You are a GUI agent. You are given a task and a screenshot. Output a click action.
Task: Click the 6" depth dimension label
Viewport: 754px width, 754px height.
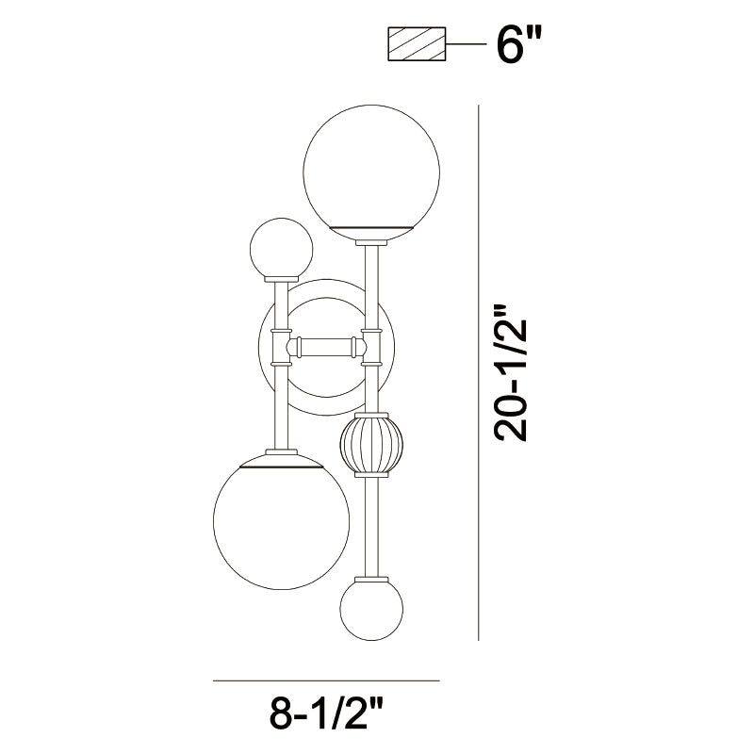point(519,43)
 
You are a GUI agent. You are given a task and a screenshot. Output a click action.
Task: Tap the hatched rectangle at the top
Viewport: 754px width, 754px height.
point(417,43)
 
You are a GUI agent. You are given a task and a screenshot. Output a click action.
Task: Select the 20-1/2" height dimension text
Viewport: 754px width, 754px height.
point(511,372)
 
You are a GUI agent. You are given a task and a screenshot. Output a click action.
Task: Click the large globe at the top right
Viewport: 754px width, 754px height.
point(371,172)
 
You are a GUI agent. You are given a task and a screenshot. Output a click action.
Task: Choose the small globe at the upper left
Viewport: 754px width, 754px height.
point(281,249)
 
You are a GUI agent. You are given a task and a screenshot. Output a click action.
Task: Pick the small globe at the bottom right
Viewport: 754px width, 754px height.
point(371,609)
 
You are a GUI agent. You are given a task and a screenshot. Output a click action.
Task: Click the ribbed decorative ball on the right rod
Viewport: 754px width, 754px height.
point(371,444)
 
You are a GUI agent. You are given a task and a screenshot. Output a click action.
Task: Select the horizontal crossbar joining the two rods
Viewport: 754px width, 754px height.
point(326,346)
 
